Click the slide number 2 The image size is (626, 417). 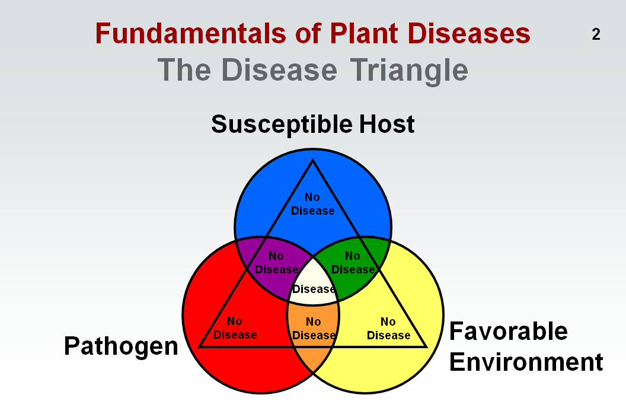point(596,34)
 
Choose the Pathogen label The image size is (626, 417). point(121,346)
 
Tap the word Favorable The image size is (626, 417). point(508,331)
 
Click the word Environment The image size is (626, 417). point(526,361)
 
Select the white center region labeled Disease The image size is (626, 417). point(314,289)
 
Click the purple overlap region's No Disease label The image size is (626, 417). point(276,263)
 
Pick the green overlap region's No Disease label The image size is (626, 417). point(353,263)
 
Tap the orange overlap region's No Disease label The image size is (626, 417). point(314,329)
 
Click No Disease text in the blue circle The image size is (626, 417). point(312,204)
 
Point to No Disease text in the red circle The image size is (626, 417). point(235,328)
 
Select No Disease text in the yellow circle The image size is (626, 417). point(388,329)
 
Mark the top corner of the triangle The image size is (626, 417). point(312,160)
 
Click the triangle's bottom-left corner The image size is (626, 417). point(199,346)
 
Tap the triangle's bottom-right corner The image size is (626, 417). point(426,346)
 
